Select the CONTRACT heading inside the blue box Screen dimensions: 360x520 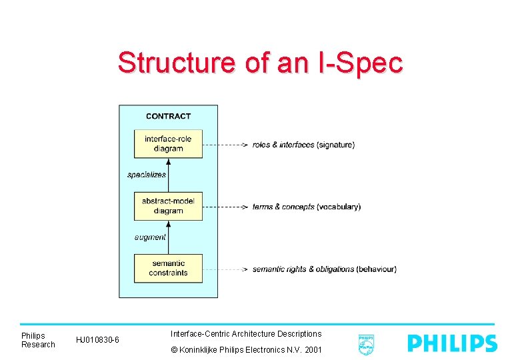point(168,116)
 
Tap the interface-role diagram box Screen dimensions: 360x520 point(168,143)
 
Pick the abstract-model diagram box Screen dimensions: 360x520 point(168,206)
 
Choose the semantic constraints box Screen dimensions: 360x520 point(168,268)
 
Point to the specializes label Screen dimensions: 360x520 point(147,175)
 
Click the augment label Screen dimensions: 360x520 point(150,237)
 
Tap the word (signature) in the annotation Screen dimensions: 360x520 point(335,145)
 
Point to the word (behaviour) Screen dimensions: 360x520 point(376,269)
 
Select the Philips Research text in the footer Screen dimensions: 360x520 point(38,340)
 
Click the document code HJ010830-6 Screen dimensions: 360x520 point(97,340)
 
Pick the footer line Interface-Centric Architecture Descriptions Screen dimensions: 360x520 point(246,333)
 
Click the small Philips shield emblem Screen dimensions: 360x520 point(366,344)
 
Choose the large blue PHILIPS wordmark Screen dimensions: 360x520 point(452,343)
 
